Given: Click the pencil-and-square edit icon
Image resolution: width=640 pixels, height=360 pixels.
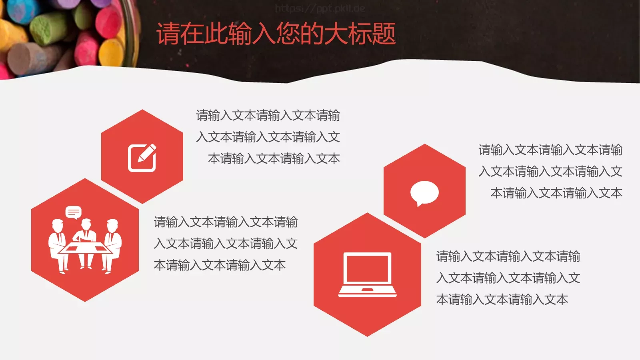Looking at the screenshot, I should [142, 157].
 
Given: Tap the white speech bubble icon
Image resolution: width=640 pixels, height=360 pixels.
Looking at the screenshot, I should [424, 192].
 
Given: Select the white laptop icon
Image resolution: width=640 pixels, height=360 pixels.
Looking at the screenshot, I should [367, 274].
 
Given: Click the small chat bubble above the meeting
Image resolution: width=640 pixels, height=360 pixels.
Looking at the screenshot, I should [74, 212].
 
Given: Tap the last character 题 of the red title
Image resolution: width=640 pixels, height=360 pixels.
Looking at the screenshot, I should [384, 34].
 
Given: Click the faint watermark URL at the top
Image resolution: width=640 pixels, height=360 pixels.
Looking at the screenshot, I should [320, 8].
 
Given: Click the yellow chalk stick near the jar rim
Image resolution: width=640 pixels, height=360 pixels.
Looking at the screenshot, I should [112, 50].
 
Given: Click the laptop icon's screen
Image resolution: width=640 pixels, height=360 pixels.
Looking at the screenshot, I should [367, 268].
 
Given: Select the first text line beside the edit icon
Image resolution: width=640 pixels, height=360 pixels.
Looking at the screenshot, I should [268, 116].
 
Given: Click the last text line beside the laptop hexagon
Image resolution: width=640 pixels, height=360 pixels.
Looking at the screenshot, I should [502, 300].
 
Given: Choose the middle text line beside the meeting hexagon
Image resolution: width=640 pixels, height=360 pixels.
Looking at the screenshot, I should [226, 244].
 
